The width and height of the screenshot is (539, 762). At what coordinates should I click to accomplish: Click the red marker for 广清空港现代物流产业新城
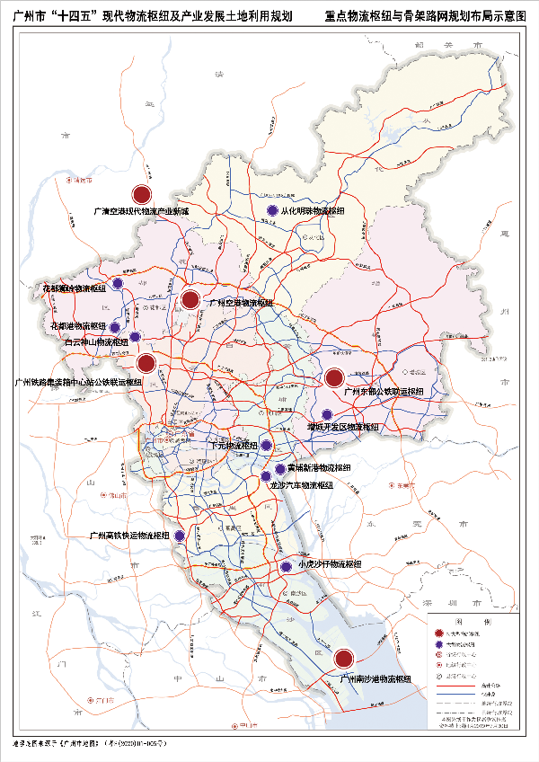coord(142,194)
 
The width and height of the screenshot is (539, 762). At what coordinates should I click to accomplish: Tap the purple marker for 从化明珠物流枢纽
coord(272,211)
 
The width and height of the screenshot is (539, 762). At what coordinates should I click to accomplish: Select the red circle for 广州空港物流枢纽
coord(190,300)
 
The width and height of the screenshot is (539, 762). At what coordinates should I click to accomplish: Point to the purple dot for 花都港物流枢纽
coord(114,326)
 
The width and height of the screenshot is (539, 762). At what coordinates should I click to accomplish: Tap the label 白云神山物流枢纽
coord(95,342)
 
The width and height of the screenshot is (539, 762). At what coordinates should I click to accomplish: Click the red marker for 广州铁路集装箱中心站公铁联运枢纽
coord(146,363)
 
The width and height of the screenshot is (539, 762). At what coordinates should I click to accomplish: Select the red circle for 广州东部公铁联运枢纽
coord(334,378)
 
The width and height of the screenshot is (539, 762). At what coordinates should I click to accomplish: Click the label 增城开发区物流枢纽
coord(343,427)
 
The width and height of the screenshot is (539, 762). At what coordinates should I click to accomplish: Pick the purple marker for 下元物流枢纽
coord(267,445)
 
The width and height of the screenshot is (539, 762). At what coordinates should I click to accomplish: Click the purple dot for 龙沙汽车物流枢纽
coord(266,476)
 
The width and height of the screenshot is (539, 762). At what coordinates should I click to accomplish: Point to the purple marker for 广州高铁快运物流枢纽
coord(180,536)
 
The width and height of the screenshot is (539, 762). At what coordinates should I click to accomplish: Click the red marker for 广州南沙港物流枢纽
coord(342,660)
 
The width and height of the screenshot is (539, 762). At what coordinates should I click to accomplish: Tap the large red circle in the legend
coord(439,634)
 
